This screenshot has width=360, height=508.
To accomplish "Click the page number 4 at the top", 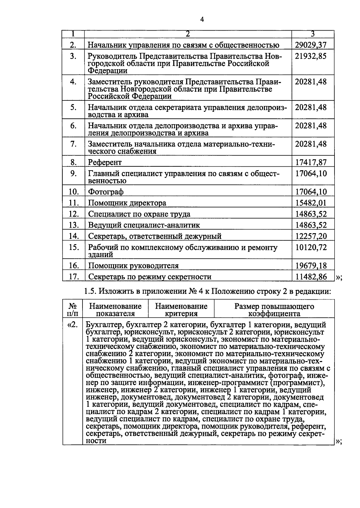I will pos(202,20).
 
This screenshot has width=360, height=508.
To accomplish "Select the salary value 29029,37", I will pos(310,45).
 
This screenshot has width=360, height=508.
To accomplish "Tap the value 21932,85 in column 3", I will pos(310,56).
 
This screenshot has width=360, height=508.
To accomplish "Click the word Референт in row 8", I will pos(105,162).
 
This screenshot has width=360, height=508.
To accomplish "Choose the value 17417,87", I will pos(311,162).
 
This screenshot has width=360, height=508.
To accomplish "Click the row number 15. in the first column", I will pos(73,247).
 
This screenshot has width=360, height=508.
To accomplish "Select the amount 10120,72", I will pos(311,247).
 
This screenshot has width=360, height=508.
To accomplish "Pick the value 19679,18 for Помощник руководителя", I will pos(311,266).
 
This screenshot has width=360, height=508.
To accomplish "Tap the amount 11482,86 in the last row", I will pos(311,277).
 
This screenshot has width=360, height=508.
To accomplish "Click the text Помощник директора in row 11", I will pos(127,203).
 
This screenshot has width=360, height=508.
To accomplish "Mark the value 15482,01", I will pos(310,203).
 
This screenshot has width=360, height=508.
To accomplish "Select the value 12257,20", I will pos(311,236).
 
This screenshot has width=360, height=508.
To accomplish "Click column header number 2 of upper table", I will pos(188,34).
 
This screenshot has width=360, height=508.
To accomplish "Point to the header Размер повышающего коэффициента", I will pos(274,310).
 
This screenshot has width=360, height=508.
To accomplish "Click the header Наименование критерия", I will pos(181,310).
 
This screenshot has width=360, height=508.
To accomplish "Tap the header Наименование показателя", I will pos(115,310).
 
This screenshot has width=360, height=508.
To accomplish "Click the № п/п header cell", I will pos(73,310).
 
